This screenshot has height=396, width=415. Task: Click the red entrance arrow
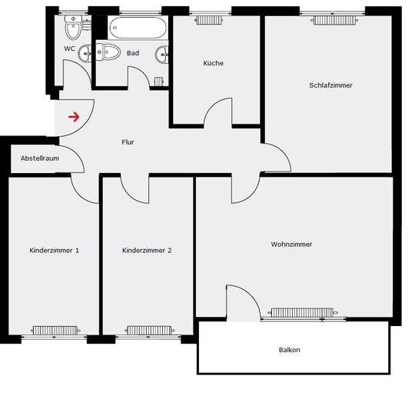[x=74, y=117]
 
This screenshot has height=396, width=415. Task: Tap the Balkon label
[x=289, y=350]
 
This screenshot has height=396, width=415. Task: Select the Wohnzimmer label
[x=291, y=244]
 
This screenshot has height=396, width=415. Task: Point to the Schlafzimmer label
[x=330, y=85]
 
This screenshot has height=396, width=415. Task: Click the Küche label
[x=214, y=63]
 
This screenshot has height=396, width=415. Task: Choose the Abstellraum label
[x=40, y=158]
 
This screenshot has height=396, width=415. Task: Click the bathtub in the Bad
[x=138, y=28]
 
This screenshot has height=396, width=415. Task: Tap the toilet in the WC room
[x=73, y=27]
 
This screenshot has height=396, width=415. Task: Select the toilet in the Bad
[x=108, y=52]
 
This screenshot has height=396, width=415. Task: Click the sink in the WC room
[x=85, y=54]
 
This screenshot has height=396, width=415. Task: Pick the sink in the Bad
[x=161, y=55]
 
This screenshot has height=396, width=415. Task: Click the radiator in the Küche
[x=209, y=20]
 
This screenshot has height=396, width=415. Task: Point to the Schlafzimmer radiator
[x=334, y=20]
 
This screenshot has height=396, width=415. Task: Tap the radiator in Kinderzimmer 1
[x=55, y=331]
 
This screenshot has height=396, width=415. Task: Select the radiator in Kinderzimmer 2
[x=149, y=330]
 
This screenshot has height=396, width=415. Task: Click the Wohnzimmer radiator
[x=302, y=312]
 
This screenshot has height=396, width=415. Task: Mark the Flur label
[x=128, y=142]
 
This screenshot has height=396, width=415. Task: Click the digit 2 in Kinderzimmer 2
[x=169, y=250]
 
